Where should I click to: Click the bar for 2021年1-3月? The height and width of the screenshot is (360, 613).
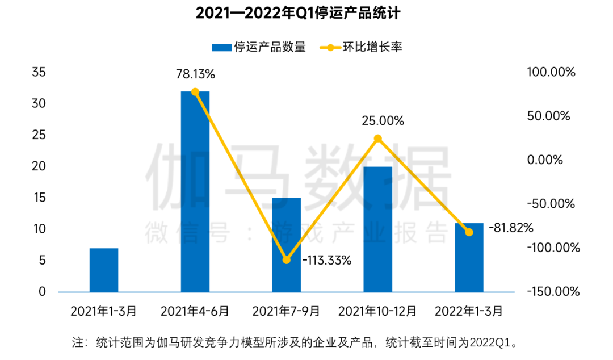(x=104, y=270)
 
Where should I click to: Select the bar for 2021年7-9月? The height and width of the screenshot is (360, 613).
(x=286, y=245)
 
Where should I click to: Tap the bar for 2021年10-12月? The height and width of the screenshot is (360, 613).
(x=377, y=229)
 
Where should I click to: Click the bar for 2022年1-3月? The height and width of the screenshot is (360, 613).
(x=469, y=257)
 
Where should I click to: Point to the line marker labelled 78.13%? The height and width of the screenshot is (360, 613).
(x=195, y=91)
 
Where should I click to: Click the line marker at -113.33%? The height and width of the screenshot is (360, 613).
(x=286, y=260)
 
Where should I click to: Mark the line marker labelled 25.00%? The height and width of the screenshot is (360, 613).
(x=377, y=138)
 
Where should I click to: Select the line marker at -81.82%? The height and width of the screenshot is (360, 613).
(x=469, y=232)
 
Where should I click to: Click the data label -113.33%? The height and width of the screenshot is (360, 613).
(x=327, y=261)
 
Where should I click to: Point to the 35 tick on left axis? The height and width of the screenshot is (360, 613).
(x=39, y=73)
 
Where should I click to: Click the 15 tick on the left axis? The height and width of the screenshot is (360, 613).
(x=39, y=198)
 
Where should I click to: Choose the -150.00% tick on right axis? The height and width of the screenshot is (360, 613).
(x=553, y=292)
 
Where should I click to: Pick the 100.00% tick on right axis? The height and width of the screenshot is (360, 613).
(x=551, y=73)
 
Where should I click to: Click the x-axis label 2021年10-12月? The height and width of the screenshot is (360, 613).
(x=377, y=311)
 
